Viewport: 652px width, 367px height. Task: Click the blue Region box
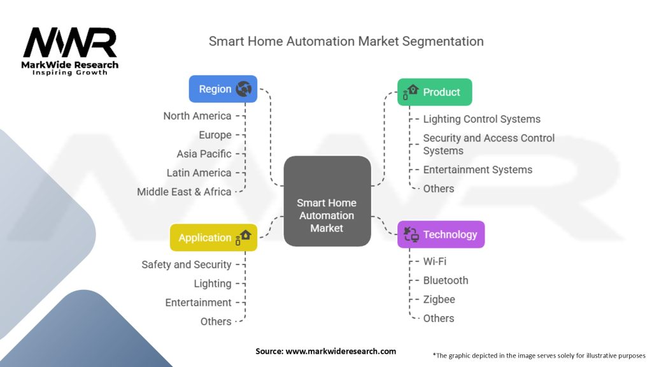coord(223,89)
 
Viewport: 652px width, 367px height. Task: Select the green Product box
coord(434,92)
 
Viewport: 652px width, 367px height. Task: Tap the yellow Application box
coord(213,238)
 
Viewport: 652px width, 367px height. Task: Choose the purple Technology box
coord(441,234)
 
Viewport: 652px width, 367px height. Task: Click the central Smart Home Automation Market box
coord(327,201)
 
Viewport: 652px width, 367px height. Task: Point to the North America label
coord(197,116)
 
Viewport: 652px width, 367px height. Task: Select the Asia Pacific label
coord(204,154)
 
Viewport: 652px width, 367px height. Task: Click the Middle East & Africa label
coord(184,192)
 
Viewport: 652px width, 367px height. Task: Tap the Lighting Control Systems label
coord(482,119)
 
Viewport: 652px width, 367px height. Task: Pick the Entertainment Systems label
coord(478,169)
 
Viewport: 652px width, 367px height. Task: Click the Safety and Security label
coord(187,264)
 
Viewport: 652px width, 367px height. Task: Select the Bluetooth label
coord(446,280)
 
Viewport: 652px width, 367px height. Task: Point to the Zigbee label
coord(439,299)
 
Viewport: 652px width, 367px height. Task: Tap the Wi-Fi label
coord(434,261)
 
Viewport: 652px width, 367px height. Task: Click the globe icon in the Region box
coord(244,89)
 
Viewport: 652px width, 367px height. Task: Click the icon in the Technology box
coord(411,234)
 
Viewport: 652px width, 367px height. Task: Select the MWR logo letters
coord(70,43)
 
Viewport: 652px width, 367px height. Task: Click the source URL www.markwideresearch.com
coord(341,351)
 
